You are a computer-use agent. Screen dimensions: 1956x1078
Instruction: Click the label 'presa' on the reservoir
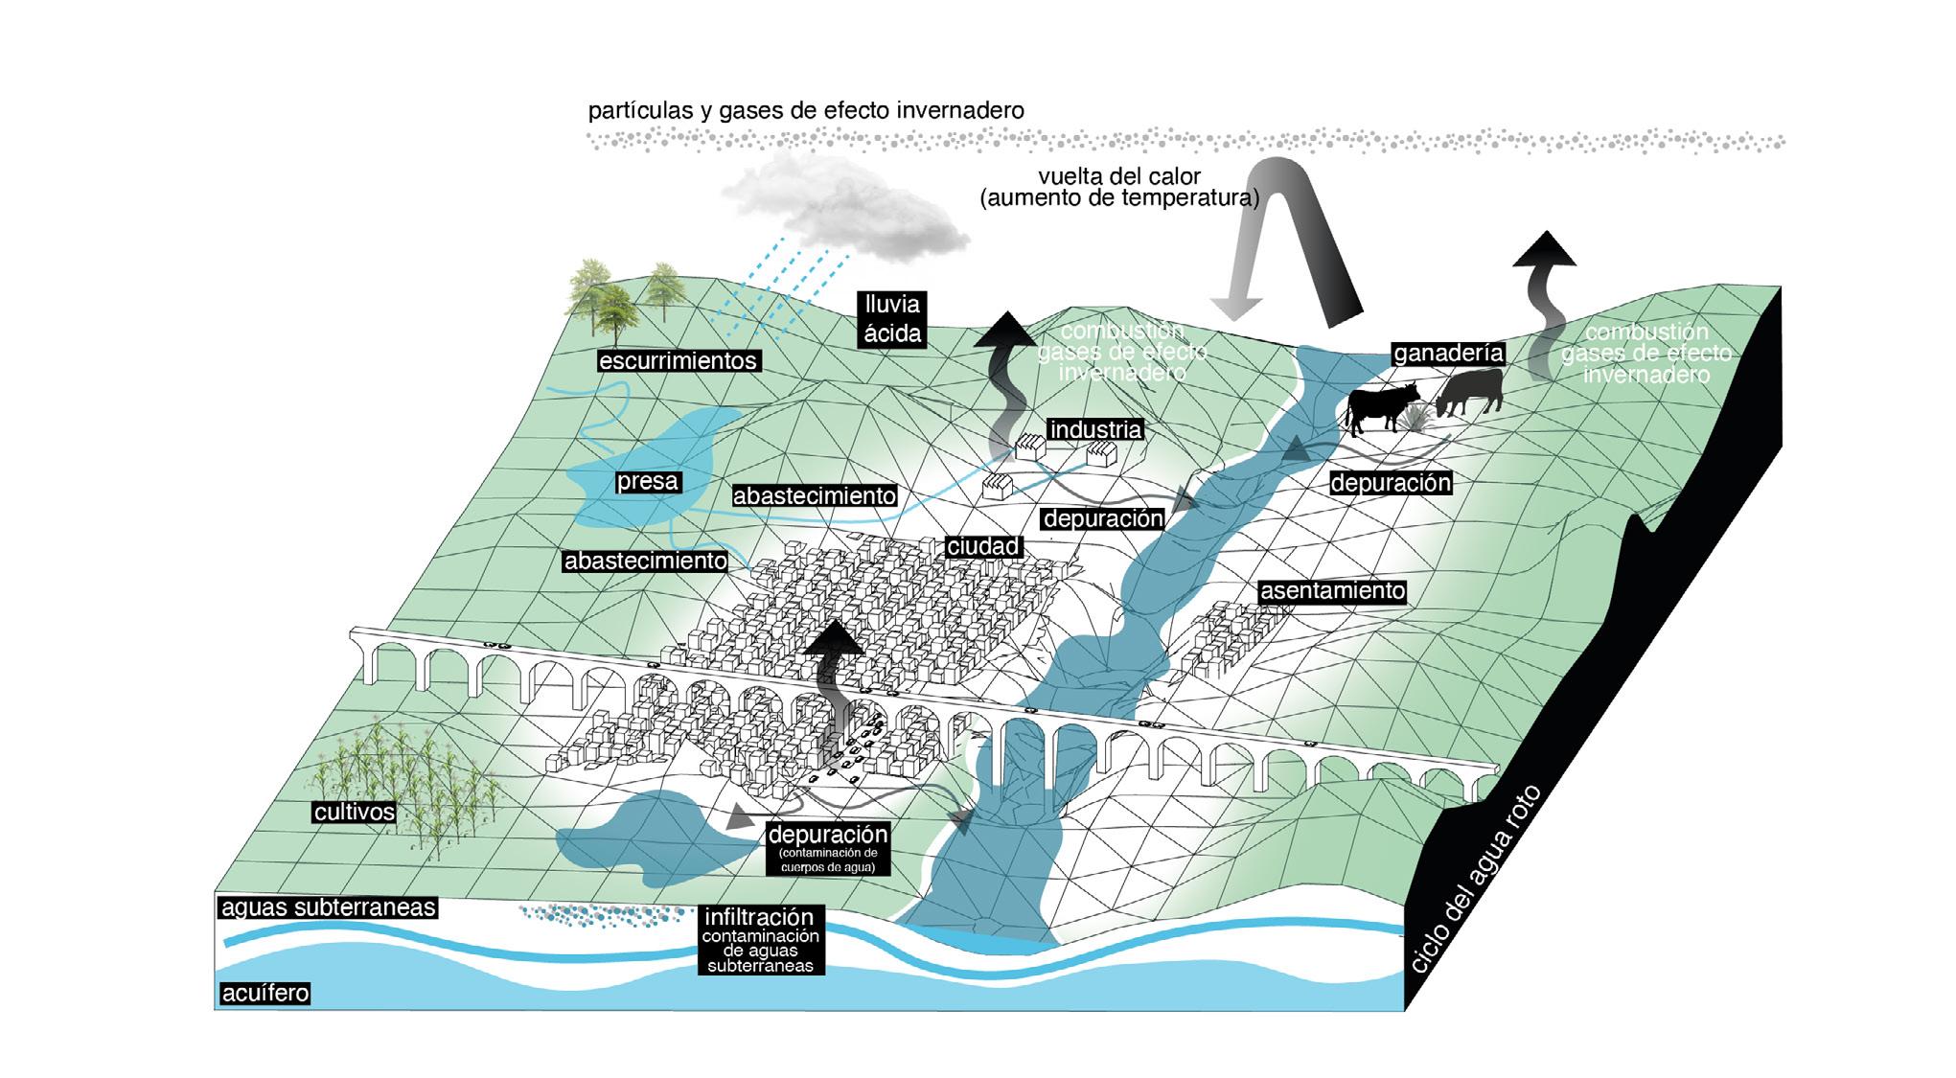tap(648, 481)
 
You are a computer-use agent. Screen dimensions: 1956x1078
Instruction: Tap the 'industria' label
tap(1095, 429)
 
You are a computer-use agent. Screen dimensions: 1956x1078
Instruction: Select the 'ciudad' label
tap(982, 546)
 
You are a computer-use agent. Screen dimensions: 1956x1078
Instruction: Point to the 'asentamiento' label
tap(1332, 591)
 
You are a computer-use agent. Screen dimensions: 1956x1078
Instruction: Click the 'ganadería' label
tap(1448, 354)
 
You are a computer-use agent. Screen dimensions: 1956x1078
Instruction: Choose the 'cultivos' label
tap(355, 812)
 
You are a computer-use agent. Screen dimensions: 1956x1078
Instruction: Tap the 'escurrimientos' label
tap(678, 361)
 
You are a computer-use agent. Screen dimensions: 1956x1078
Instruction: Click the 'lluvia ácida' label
tap(892, 319)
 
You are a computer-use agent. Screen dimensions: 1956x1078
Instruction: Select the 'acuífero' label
tap(265, 993)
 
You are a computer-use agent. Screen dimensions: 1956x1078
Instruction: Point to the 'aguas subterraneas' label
tap(329, 906)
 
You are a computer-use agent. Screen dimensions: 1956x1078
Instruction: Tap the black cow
tap(1381, 406)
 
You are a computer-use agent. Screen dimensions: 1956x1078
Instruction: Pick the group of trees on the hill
tap(623, 292)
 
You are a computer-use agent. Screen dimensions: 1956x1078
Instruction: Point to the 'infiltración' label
tap(759, 917)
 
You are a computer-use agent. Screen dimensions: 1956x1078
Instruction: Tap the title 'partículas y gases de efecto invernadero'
tap(806, 110)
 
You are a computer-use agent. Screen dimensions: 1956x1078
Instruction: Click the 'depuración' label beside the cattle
tap(1390, 483)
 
